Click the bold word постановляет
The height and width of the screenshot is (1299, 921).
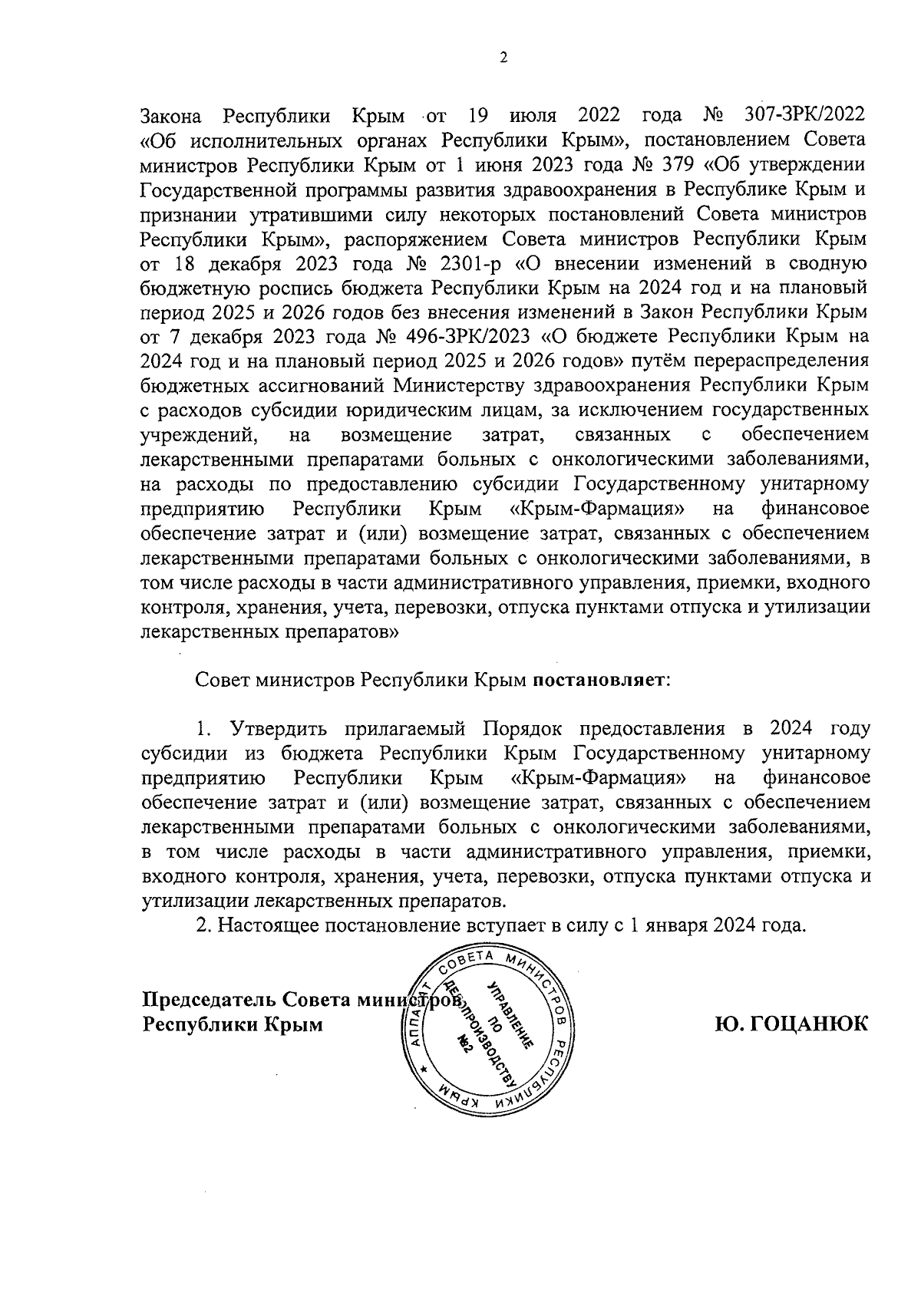click(601, 681)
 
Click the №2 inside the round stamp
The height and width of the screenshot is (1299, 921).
click(464, 1047)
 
